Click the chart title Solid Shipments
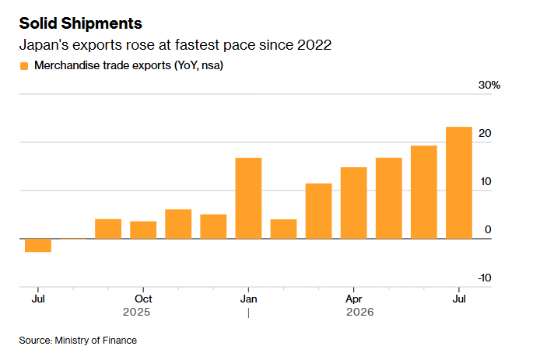point(81,23)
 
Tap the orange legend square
point(24,66)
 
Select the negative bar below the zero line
point(38,245)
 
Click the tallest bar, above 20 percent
point(459,183)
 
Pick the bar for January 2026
point(248,198)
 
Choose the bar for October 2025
point(143,230)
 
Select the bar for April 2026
point(353,203)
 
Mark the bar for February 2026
point(283,229)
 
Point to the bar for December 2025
point(213,226)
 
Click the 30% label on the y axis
point(489,85)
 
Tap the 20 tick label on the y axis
point(485,133)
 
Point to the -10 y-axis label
point(485,278)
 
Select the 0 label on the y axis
point(488,229)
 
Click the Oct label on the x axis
point(143,299)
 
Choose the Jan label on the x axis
point(248,299)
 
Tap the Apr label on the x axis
point(353,299)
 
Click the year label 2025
point(136,312)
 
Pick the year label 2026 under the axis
point(360,312)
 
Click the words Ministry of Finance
point(96,341)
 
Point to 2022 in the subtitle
point(314,45)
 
